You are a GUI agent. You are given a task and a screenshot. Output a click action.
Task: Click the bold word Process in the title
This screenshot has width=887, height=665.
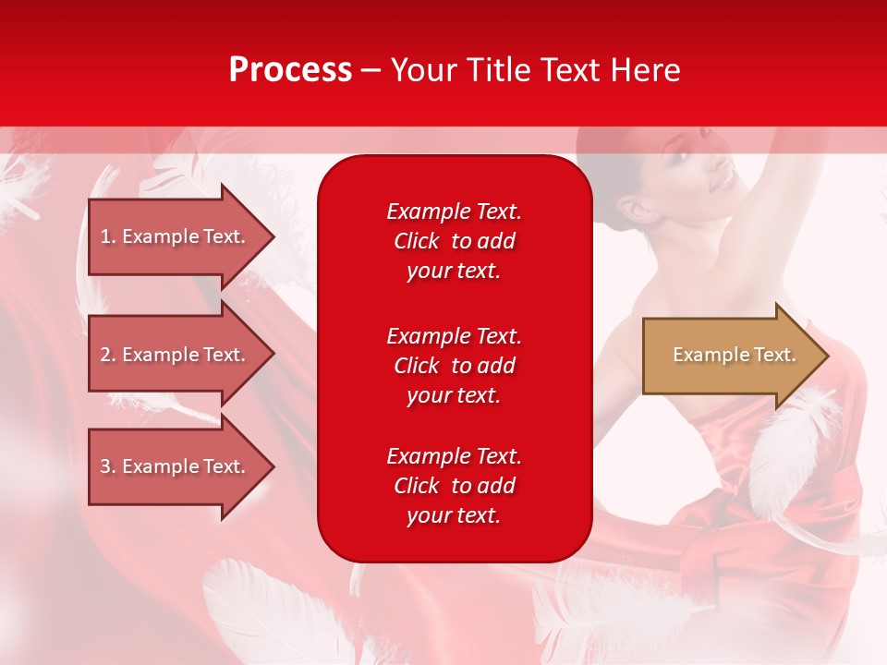[x=290, y=70]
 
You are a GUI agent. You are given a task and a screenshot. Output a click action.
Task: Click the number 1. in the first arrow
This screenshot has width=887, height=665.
[x=108, y=236]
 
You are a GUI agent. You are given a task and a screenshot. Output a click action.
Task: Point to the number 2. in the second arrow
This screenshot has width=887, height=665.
[x=108, y=355]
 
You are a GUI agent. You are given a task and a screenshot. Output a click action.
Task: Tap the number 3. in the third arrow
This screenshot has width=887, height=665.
[x=108, y=466]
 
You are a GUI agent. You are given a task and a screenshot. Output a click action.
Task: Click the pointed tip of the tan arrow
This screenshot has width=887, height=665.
[x=825, y=355]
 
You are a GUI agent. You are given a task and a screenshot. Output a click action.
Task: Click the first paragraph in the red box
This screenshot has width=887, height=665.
[x=454, y=241]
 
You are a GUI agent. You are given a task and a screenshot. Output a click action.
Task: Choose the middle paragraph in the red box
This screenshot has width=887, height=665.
[x=454, y=366]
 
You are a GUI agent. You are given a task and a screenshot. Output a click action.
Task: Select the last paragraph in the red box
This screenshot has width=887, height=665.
[x=454, y=486]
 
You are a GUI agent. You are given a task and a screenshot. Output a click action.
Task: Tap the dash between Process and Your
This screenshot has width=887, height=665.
[x=371, y=70]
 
